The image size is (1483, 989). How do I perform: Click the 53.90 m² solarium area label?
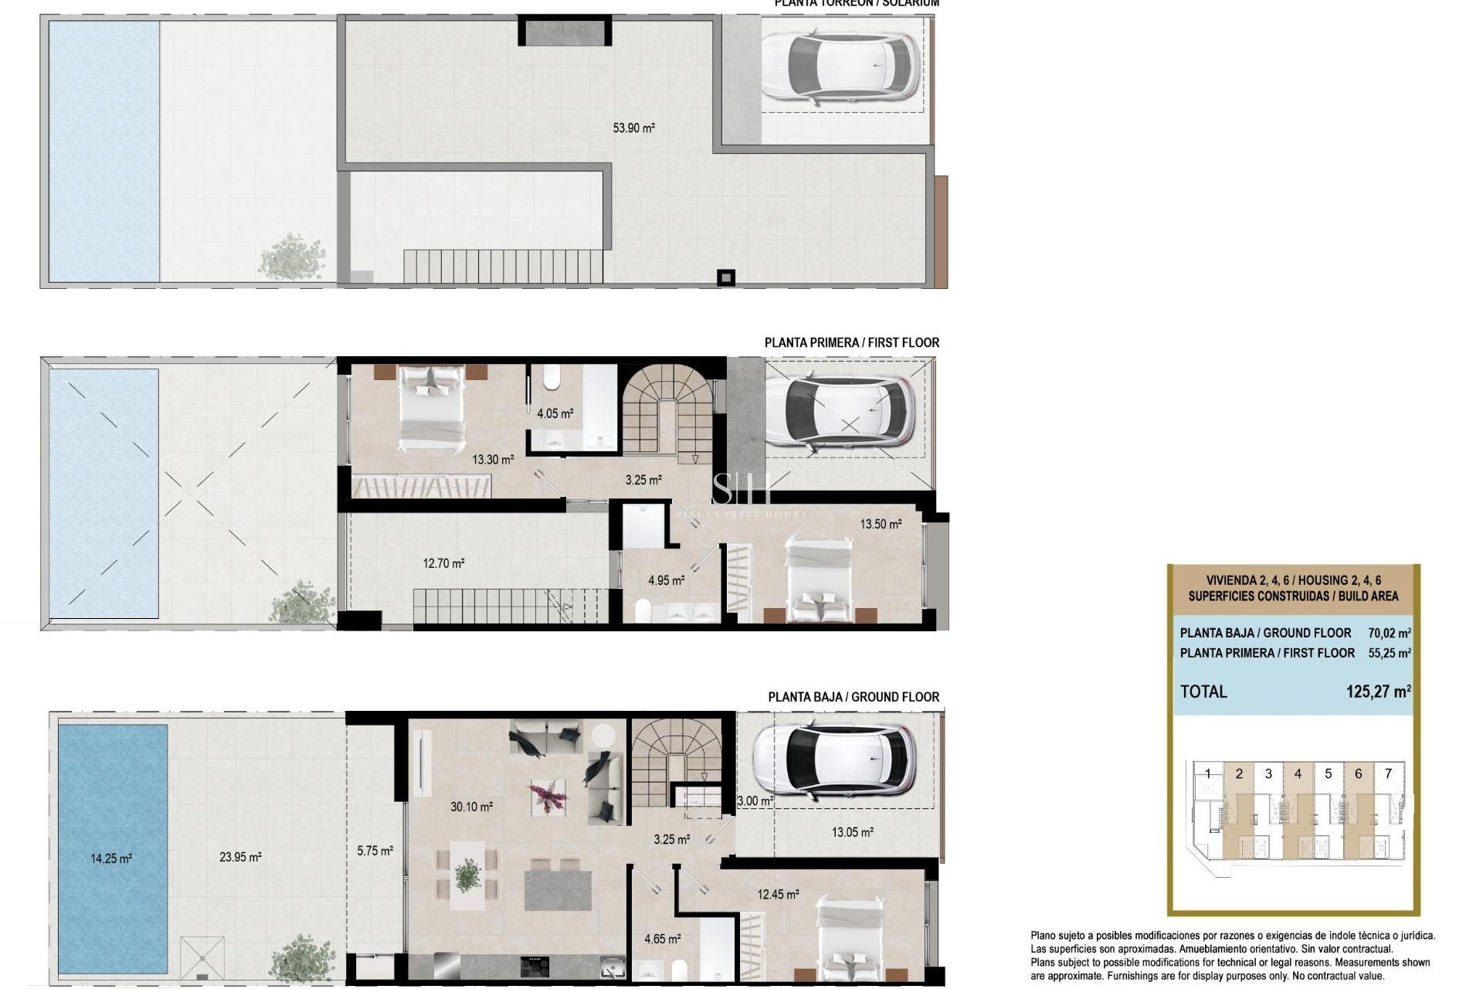[633, 128]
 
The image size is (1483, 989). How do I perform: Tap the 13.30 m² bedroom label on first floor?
[493, 460]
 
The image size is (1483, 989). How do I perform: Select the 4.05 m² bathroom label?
[555, 414]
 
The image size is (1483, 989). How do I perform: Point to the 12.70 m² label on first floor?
[443, 564]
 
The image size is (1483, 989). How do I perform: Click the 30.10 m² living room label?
[471, 807]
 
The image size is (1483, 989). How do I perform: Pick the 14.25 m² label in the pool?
[111, 858]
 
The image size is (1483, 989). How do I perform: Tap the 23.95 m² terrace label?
[240, 857]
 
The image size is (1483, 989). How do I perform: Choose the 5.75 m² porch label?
[375, 851]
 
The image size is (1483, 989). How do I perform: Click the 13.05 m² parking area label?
[852, 832]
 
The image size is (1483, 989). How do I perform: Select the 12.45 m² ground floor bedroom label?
[778, 895]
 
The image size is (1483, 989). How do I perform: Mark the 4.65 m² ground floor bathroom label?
[663, 940]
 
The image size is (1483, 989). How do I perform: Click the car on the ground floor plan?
[834, 760]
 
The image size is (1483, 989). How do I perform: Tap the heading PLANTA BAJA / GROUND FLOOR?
[853, 697]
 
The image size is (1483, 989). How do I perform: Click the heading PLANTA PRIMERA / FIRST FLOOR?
[851, 342]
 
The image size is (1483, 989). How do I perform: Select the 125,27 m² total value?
[1378, 692]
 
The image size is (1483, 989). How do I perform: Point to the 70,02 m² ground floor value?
[1389, 633]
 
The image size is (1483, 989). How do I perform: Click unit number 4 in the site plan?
[1319, 773]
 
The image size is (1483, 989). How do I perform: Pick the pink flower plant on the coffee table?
[548, 796]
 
